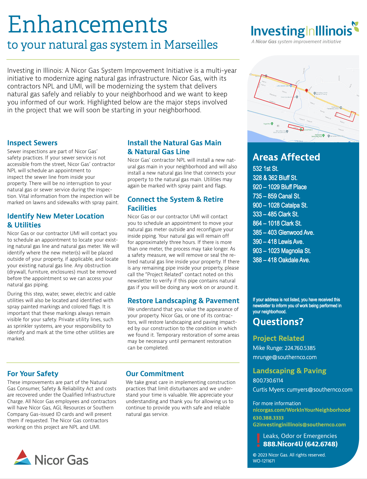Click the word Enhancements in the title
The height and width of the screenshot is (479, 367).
click(88, 25)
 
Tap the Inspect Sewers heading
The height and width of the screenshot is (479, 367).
click(32, 143)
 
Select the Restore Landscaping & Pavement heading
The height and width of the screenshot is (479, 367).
click(183, 301)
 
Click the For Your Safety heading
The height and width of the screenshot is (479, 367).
click(33, 374)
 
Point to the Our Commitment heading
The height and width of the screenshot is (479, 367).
click(155, 374)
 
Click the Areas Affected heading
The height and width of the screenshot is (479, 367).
click(286, 157)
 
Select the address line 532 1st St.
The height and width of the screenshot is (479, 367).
click(266, 169)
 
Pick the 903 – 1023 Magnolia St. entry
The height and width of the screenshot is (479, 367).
click(282, 251)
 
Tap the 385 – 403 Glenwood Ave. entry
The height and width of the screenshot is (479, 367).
click(283, 233)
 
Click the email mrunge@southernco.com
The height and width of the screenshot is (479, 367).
click(285, 357)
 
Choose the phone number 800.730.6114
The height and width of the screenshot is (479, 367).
click(268, 381)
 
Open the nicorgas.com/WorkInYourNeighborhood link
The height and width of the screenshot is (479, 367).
click(301, 410)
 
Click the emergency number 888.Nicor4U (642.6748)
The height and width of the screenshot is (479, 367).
click(300, 444)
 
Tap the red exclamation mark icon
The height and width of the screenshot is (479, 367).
click(258, 440)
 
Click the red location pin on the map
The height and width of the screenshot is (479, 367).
click(306, 91)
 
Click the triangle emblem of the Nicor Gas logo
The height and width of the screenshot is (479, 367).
click(23, 457)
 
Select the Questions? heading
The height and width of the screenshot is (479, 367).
click(278, 322)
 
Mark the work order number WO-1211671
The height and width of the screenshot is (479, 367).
click(264, 461)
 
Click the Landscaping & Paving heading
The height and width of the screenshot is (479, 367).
click(289, 371)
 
